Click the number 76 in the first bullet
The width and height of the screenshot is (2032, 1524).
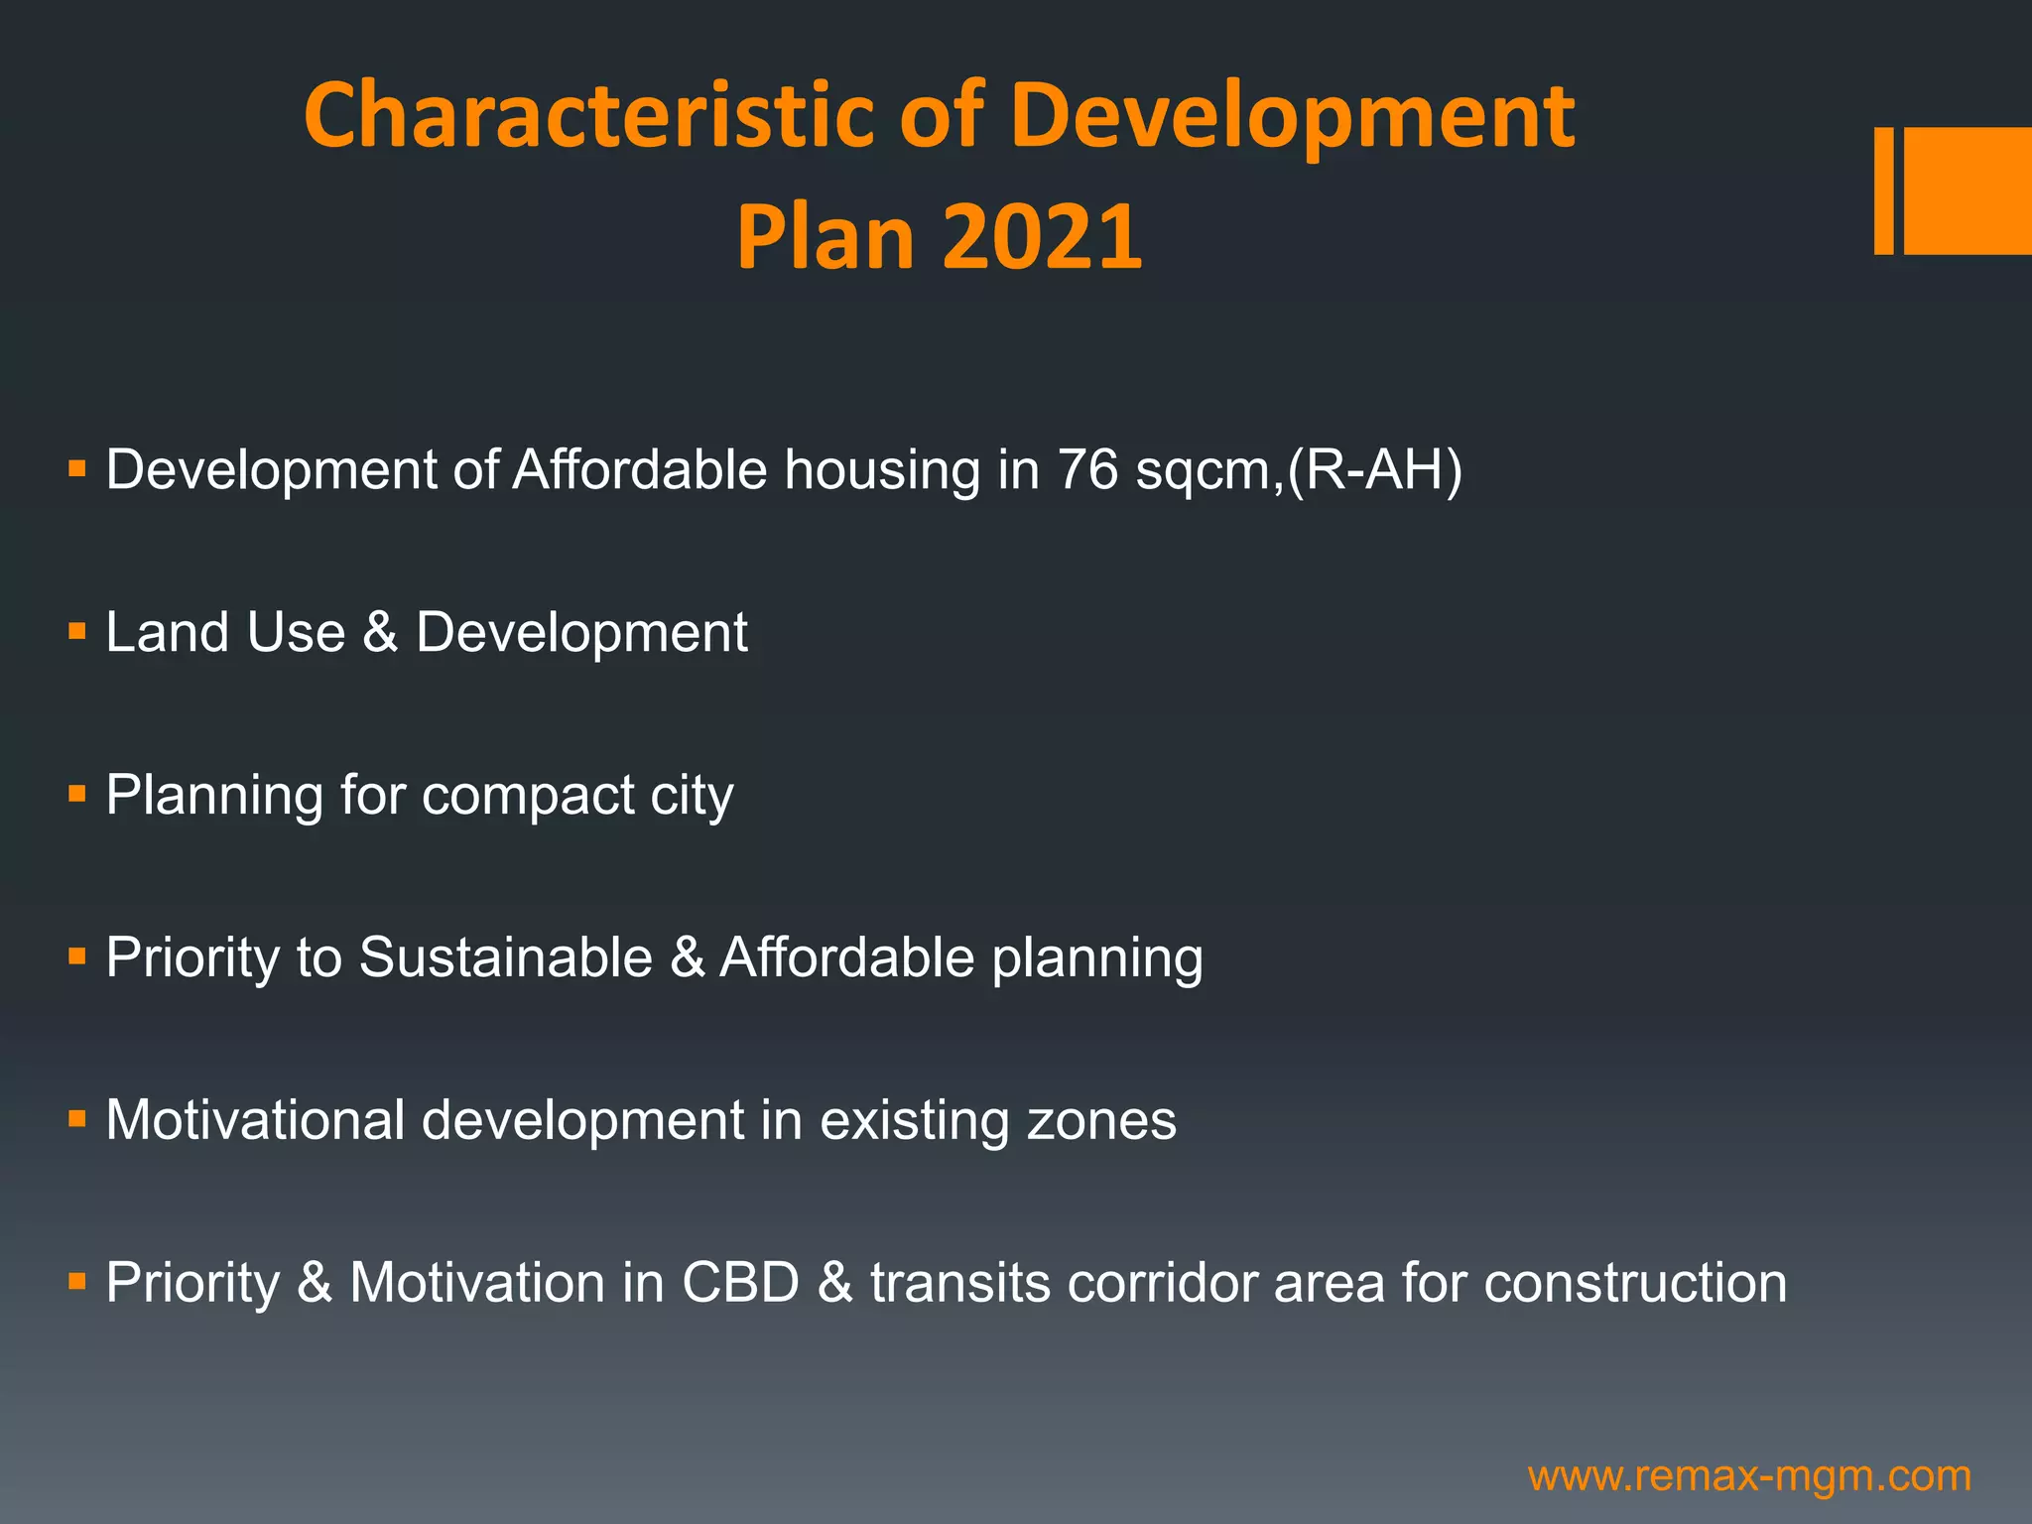1087,469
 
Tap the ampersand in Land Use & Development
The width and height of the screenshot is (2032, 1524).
380,632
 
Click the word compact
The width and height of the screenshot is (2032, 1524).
527,796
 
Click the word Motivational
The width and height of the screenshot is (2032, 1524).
255,1120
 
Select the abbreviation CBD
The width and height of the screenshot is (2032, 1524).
740,1282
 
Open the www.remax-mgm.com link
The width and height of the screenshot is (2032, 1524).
1749,1476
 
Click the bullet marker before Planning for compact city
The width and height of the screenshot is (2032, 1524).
77,794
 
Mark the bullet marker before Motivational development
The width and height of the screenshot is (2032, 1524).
77,1119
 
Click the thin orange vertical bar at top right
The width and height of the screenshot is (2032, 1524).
1883,190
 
